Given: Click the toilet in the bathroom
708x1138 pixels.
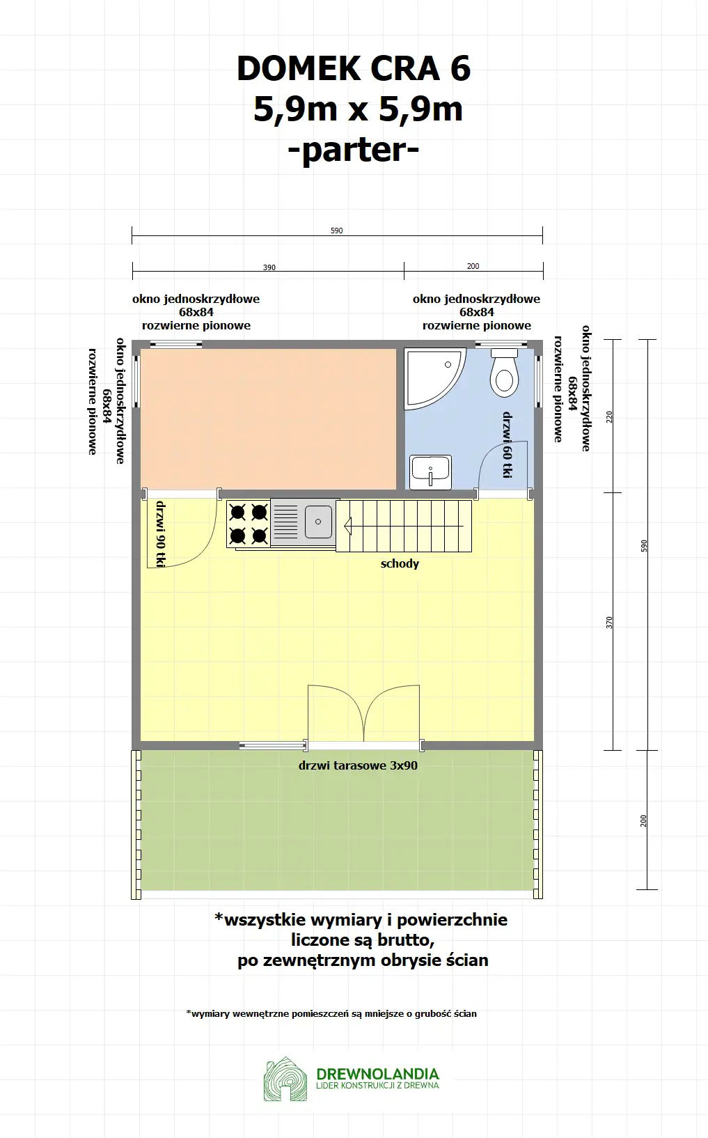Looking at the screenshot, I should point(504,374).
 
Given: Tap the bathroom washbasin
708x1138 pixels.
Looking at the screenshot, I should point(431,472).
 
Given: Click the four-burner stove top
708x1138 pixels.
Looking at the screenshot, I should point(249,524).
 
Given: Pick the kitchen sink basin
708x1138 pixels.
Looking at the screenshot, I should point(318,522).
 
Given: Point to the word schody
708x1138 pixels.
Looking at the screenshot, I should point(400,563).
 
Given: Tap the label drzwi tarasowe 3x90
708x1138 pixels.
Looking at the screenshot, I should point(358,765).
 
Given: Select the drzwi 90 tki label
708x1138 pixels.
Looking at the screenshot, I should point(160,534).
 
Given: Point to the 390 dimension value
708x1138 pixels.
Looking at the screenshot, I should point(269,267).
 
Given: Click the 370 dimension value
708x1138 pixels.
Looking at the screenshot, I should point(610,622).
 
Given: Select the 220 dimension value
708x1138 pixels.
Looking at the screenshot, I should point(610,417).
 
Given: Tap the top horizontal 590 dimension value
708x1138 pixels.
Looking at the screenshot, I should point(337,231).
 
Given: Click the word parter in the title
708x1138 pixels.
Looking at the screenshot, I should point(354,149).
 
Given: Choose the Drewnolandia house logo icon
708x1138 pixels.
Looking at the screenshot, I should point(285,1079).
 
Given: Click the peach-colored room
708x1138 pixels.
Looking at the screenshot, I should point(268,418).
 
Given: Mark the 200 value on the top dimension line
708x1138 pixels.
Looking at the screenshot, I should point(473,266).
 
